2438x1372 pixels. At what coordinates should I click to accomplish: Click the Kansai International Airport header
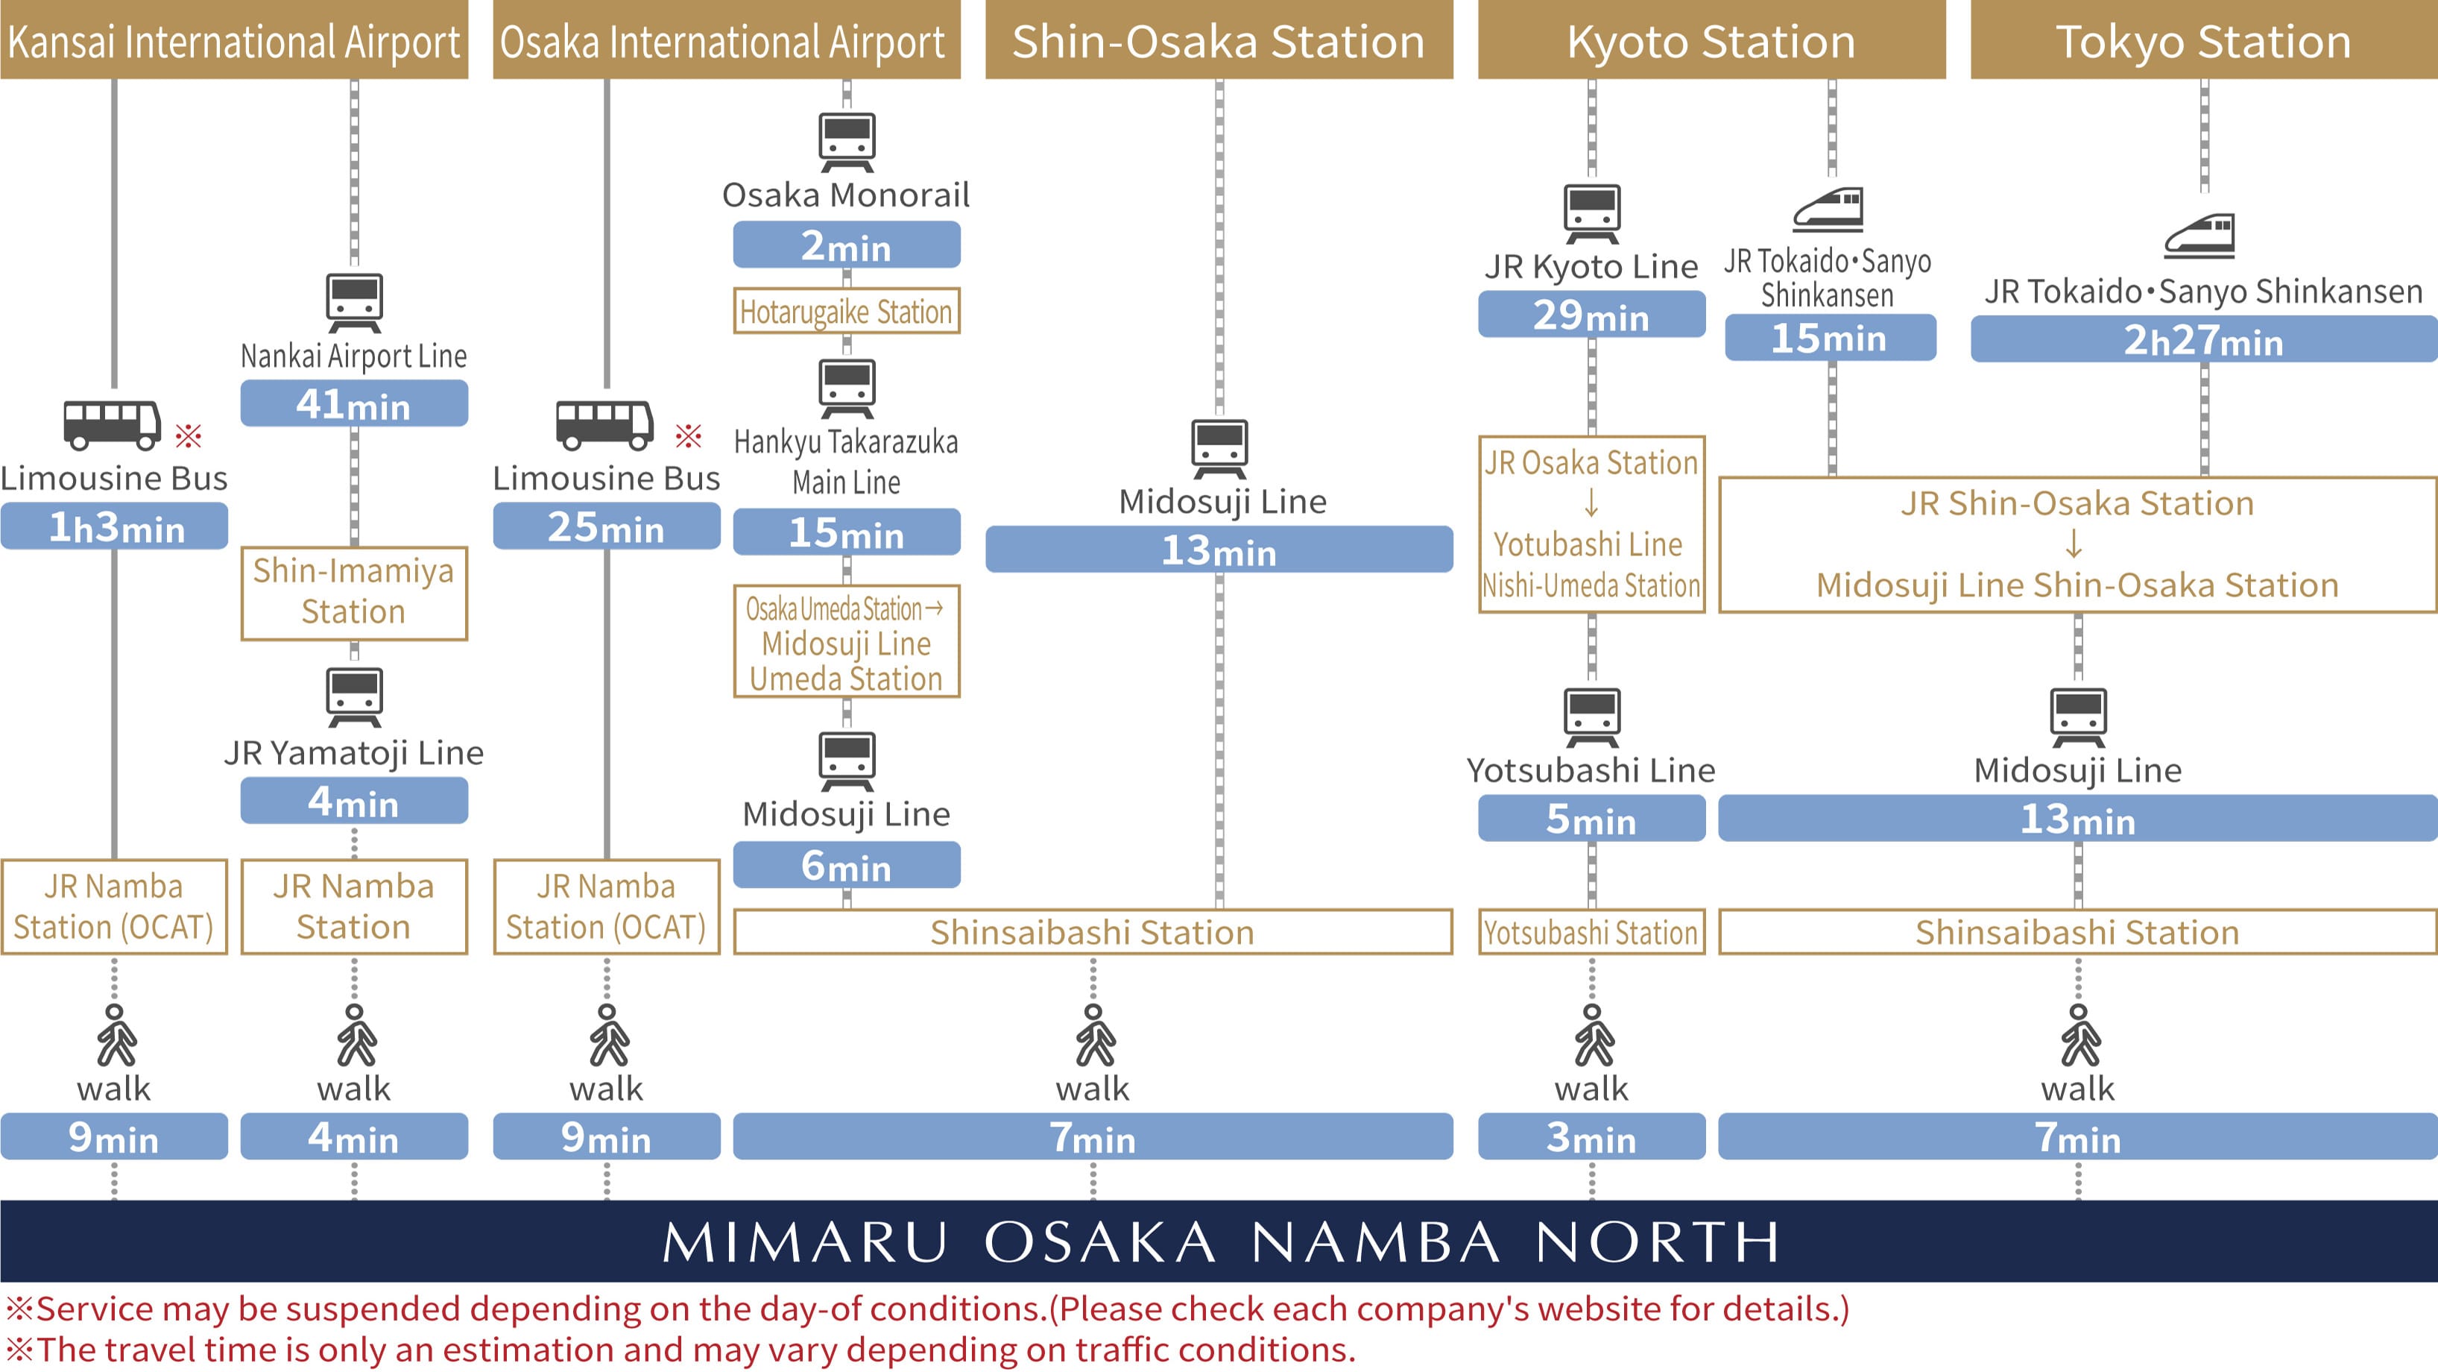[x=234, y=41]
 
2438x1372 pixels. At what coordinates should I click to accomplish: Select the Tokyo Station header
[x=2203, y=41]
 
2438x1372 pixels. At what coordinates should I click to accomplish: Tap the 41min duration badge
[x=354, y=404]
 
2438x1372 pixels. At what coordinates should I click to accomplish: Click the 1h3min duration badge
[x=115, y=526]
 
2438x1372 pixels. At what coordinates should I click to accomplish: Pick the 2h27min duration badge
[x=2203, y=340]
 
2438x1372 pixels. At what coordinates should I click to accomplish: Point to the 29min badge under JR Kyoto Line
[x=1591, y=315]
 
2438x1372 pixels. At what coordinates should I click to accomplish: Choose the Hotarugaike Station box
[x=846, y=312]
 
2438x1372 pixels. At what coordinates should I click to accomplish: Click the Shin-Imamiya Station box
[x=354, y=593]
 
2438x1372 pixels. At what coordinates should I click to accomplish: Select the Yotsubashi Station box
[x=1591, y=933]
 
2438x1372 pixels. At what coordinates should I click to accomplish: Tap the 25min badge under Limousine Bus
[x=606, y=526]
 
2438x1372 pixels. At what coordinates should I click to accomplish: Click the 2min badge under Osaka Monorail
[x=846, y=245]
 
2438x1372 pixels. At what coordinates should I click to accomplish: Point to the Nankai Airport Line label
[x=354, y=356]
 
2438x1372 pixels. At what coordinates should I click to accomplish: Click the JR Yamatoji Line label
[x=354, y=753]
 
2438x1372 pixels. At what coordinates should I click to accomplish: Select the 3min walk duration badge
[x=1591, y=1137]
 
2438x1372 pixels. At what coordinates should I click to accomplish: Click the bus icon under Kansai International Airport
[x=112, y=424]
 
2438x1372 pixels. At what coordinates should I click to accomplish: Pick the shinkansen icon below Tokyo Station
[x=2199, y=236]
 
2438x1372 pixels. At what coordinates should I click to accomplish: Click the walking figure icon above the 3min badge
[x=1593, y=1035]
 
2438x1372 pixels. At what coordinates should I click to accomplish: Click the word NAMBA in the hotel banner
[x=1374, y=1242]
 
